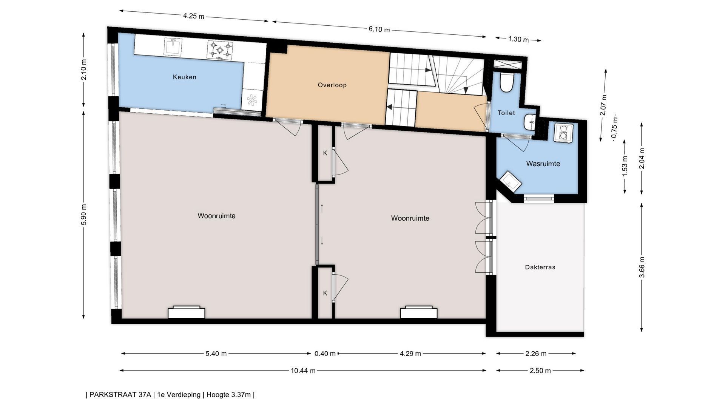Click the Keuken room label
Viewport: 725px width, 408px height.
click(185, 77)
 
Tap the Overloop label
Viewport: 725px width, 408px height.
click(332, 85)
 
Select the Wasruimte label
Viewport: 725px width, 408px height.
click(543, 164)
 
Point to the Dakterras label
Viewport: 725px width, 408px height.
click(540, 267)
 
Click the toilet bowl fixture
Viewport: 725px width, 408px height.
click(506, 83)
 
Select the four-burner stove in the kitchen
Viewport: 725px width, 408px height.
click(220, 50)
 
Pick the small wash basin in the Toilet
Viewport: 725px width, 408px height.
click(530, 122)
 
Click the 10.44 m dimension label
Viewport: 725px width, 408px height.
click(303, 371)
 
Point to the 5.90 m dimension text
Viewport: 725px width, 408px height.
click(84, 215)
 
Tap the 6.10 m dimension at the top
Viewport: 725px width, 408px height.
click(379, 29)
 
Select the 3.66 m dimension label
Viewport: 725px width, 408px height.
click(642, 267)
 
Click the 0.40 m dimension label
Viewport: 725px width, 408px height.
click(325, 354)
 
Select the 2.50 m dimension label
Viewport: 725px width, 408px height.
click(540, 371)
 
